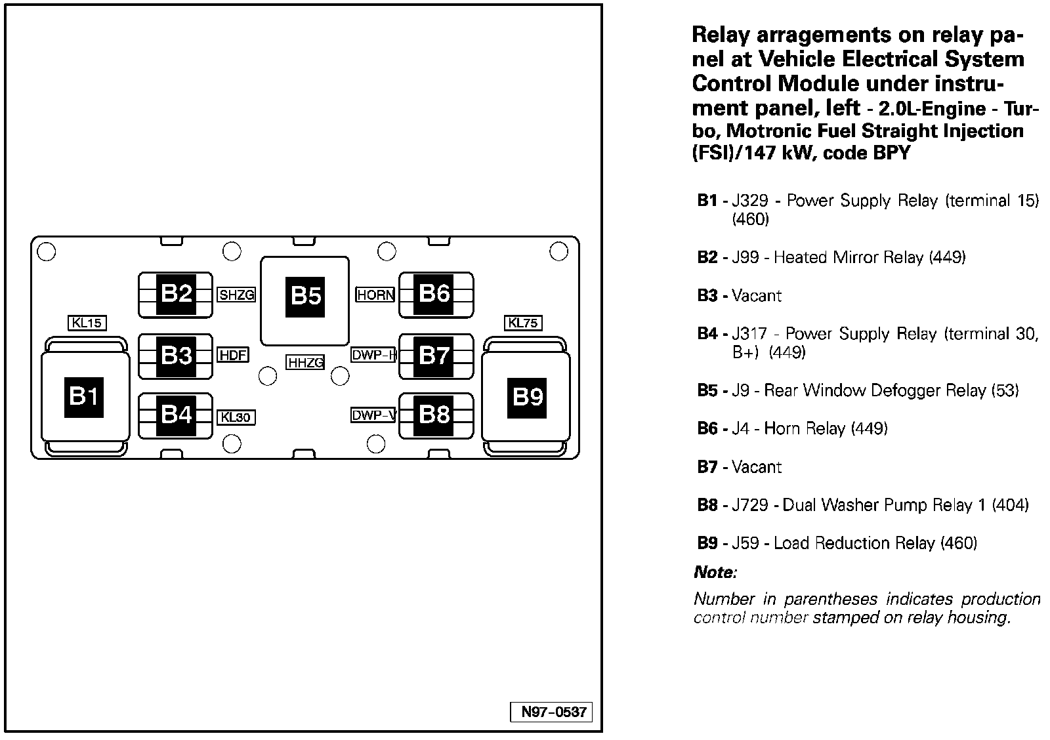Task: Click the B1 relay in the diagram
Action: (85, 396)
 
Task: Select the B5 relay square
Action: (304, 301)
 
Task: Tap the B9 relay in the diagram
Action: (526, 396)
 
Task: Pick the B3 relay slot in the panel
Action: (175, 356)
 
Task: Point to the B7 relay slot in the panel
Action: (436, 356)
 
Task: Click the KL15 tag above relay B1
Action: (87, 323)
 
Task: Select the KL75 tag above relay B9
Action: (523, 323)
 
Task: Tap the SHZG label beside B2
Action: (236, 295)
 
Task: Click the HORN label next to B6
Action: (375, 295)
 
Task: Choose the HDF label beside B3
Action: (232, 355)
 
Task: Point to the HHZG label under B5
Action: (305, 362)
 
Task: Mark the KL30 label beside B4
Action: (236, 417)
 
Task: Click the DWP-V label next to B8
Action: (374, 415)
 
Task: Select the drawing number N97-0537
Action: (551, 712)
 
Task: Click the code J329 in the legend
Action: (750, 201)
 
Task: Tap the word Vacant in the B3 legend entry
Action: (757, 296)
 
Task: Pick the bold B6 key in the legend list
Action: (707, 428)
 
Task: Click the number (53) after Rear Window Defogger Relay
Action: (1005, 390)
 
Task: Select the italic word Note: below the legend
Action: (715, 572)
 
